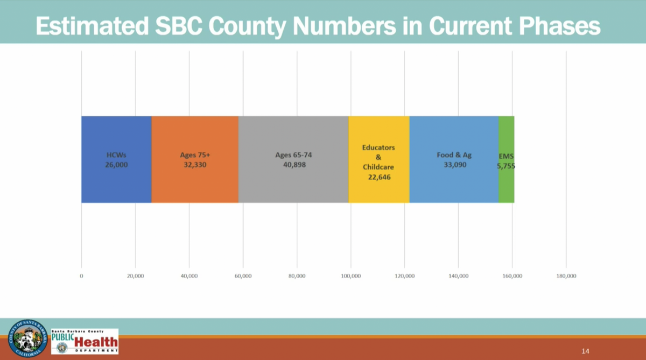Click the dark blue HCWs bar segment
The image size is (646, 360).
(116, 135)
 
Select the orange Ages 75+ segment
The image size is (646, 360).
(194, 135)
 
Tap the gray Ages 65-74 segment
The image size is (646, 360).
(293, 135)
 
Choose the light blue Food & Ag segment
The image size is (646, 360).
(454, 135)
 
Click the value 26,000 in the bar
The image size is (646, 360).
(116, 165)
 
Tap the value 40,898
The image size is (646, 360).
(294, 165)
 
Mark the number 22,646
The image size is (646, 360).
(378, 177)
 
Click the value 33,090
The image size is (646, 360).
(455, 165)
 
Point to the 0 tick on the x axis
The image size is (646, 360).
(81, 276)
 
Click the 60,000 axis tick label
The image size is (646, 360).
(243, 276)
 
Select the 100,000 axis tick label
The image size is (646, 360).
(350, 276)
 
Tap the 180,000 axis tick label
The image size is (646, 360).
(566, 276)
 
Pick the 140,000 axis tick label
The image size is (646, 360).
(458, 276)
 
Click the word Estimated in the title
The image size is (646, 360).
(89, 25)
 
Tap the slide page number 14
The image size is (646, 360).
(586, 351)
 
